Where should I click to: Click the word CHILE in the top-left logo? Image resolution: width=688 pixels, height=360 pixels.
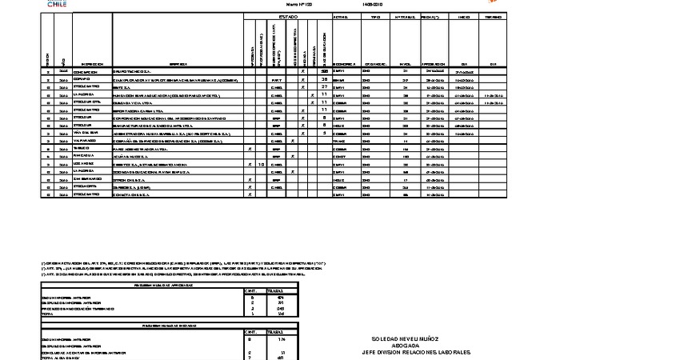[57, 4]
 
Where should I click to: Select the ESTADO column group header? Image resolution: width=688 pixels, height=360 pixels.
[289, 17]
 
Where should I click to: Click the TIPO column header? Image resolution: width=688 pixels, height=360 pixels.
[372, 17]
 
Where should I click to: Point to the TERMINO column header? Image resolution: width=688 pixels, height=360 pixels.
[493, 17]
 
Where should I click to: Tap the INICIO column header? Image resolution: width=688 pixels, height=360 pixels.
[464, 17]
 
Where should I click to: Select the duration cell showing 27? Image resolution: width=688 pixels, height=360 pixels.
[324, 87]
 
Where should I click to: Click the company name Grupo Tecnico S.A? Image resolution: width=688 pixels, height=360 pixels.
[129, 72]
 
